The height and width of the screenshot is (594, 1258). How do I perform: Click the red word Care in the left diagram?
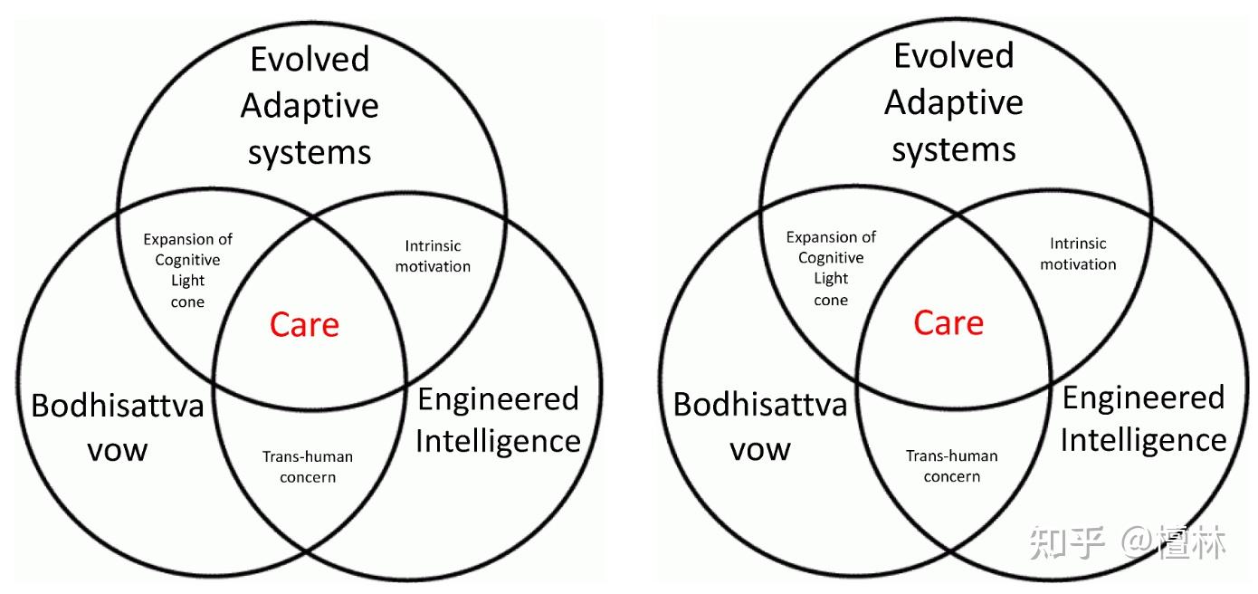click(x=304, y=325)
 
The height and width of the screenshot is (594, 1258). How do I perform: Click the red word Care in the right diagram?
click(x=948, y=322)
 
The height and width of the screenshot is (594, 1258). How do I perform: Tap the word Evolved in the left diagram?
click(x=310, y=60)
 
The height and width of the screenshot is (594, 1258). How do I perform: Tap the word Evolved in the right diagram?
click(x=953, y=56)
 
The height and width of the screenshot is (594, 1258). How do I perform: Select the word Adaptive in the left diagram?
click(x=310, y=107)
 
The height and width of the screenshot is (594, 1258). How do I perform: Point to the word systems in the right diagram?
click(x=953, y=149)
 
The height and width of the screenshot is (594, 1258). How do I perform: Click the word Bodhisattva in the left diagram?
click(x=118, y=405)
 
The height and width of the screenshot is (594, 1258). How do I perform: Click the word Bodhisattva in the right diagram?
click(x=760, y=404)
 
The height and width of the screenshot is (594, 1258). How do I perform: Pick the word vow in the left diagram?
click(x=118, y=449)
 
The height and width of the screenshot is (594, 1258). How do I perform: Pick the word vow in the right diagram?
click(x=760, y=448)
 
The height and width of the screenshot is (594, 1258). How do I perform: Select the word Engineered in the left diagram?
click(x=498, y=398)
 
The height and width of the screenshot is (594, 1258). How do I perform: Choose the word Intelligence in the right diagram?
click(x=1143, y=440)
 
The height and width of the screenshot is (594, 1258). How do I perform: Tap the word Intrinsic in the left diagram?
click(x=433, y=246)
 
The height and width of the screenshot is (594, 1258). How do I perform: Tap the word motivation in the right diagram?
click(x=1078, y=264)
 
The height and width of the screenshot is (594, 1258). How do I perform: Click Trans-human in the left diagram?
click(x=308, y=456)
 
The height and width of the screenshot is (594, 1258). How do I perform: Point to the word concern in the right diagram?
click(x=952, y=476)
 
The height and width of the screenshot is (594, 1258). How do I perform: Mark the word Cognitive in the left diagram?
click(x=187, y=260)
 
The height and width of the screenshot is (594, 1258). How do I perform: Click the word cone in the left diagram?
click(x=187, y=302)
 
